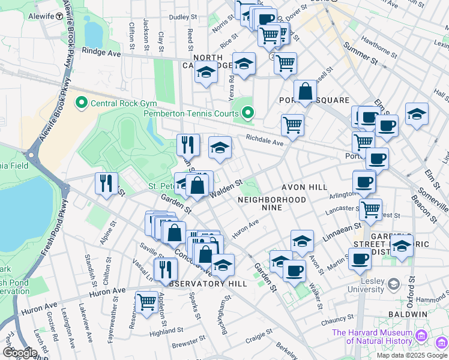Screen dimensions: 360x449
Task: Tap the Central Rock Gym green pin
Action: [81, 103]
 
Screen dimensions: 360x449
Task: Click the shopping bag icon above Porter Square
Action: [305, 92]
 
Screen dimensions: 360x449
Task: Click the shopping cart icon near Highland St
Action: [146, 302]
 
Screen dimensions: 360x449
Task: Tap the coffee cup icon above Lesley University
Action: [359, 259]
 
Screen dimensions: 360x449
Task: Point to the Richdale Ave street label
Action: [264, 140]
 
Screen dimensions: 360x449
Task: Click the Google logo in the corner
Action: [19, 353]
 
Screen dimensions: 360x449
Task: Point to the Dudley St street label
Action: [179, 17]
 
